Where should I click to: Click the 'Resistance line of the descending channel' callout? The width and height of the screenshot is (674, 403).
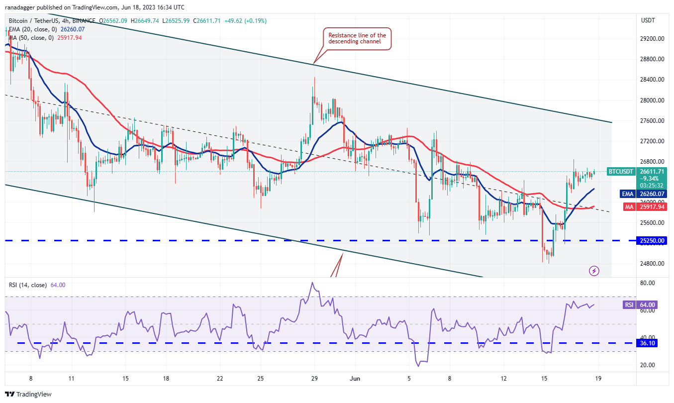click(357, 38)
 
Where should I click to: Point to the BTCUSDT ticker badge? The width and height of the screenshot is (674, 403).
click(621, 172)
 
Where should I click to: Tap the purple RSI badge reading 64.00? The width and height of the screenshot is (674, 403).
click(629, 305)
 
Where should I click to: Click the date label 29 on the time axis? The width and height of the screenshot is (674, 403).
click(314, 378)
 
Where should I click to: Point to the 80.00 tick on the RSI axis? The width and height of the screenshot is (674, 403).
click(647, 283)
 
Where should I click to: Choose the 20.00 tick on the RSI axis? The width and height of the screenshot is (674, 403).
click(647, 365)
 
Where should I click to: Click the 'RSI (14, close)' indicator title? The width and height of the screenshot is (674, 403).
click(28, 285)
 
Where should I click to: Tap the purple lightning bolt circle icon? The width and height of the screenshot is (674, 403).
click(594, 271)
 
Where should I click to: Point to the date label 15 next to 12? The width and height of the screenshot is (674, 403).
click(544, 378)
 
